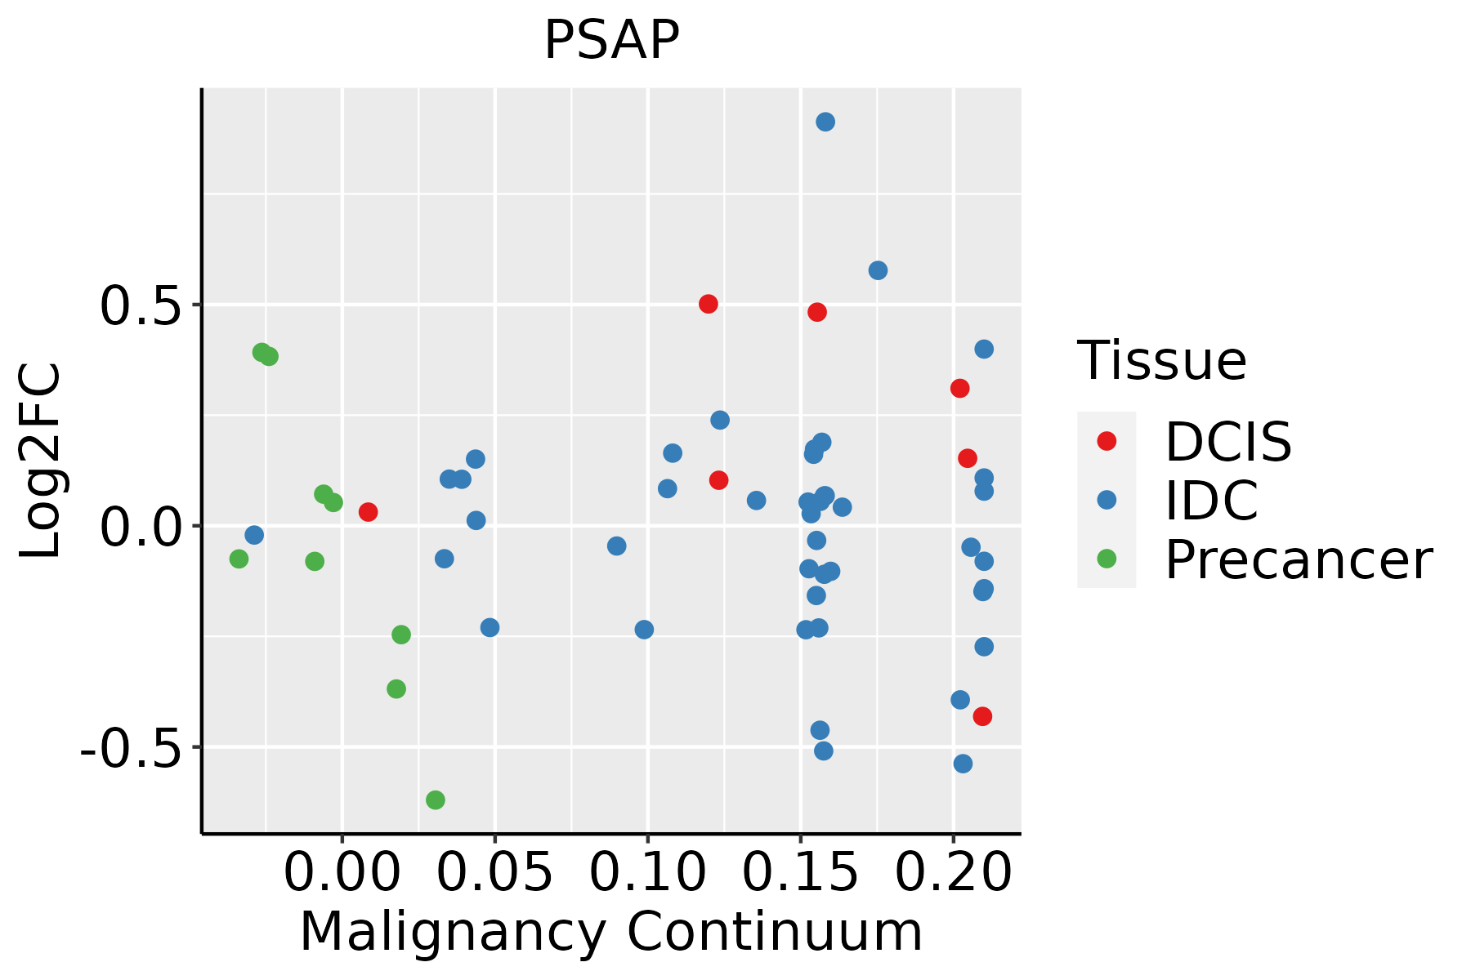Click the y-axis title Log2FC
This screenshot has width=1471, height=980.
click(41, 461)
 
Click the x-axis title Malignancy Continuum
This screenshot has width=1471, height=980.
click(611, 933)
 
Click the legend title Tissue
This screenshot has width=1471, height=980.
click(1161, 360)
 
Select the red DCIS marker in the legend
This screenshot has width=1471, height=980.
click(1107, 441)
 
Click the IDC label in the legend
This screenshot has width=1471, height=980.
click(1211, 501)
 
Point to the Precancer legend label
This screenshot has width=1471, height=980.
click(1298, 560)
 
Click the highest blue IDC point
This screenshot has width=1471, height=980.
click(825, 122)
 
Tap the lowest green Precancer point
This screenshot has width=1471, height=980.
click(436, 800)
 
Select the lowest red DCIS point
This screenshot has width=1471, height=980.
click(982, 716)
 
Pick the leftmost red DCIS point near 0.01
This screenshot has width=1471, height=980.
click(368, 512)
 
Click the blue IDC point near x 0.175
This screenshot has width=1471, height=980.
click(878, 270)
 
